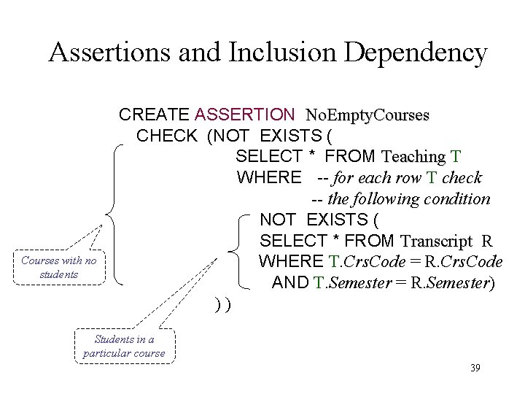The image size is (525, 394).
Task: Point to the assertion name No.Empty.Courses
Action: pyautogui.click(x=367, y=115)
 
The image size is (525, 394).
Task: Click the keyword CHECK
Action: pyautogui.click(x=166, y=136)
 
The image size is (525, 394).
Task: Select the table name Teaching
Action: pyautogui.click(x=413, y=157)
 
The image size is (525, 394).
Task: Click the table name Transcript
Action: pyautogui.click(x=436, y=241)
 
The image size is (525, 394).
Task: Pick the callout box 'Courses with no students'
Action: pyautogui.click(x=58, y=267)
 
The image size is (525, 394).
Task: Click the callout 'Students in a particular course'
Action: pyautogui.click(x=124, y=347)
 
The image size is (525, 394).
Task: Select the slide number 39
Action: pyautogui.click(x=475, y=368)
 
